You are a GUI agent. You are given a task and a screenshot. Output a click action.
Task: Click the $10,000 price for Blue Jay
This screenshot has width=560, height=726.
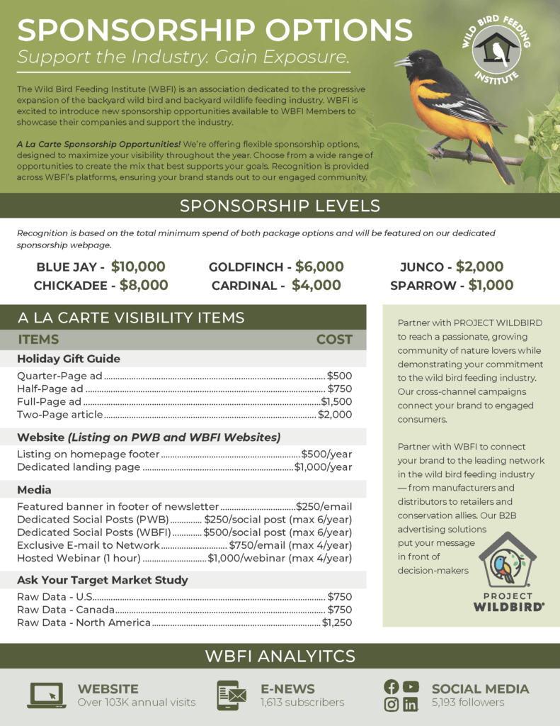[x=138, y=267]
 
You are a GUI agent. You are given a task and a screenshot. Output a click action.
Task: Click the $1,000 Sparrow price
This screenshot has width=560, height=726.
[x=486, y=285]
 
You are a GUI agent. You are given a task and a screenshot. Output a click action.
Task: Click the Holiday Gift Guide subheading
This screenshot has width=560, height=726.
[x=69, y=359]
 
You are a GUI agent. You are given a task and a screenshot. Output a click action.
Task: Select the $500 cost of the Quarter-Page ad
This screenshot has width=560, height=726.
[x=339, y=376]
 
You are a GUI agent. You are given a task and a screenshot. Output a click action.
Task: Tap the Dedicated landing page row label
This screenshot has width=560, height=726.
[x=79, y=467]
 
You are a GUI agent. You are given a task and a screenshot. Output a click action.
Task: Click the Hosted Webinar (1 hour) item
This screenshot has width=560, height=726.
[x=79, y=558]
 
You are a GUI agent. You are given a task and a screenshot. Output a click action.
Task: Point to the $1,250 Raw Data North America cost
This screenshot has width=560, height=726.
[x=336, y=622]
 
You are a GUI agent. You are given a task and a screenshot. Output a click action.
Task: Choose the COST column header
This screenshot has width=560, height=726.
[x=334, y=340]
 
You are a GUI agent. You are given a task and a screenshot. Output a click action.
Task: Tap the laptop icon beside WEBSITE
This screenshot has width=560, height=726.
[x=46, y=695]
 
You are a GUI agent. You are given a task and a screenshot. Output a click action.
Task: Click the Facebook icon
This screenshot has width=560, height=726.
[x=391, y=686]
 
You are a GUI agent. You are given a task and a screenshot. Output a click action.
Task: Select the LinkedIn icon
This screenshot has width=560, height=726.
[x=410, y=704]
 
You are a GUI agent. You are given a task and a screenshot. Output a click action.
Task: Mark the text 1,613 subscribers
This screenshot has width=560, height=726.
[x=302, y=703]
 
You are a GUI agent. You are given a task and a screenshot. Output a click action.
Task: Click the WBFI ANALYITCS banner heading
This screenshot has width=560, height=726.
[x=280, y=656]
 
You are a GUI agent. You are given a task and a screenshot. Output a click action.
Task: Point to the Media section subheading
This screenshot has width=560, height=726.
[x=34, y=490]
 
